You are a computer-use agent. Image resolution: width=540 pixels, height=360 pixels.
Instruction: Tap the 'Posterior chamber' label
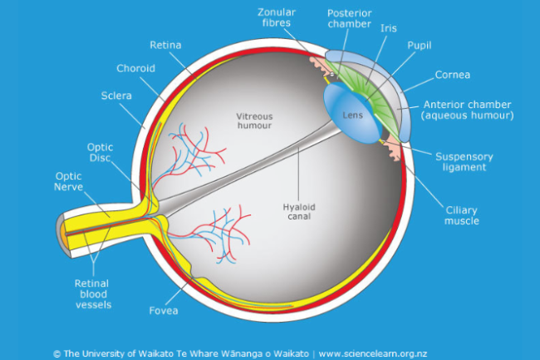tap(351, 19)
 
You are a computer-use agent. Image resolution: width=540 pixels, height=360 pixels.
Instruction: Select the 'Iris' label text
tap(388, 27)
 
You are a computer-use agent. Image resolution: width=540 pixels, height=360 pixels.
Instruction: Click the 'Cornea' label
tap(453, 75)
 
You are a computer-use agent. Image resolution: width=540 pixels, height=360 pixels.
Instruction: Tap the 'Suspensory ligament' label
tap(464, 161)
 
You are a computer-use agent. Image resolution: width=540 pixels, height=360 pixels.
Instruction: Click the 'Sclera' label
tap(115, 96)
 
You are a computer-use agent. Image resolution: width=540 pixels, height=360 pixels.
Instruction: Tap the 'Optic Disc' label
tap(101, 153)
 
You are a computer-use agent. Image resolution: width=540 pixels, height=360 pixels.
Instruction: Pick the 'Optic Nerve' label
tap(69, 181)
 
